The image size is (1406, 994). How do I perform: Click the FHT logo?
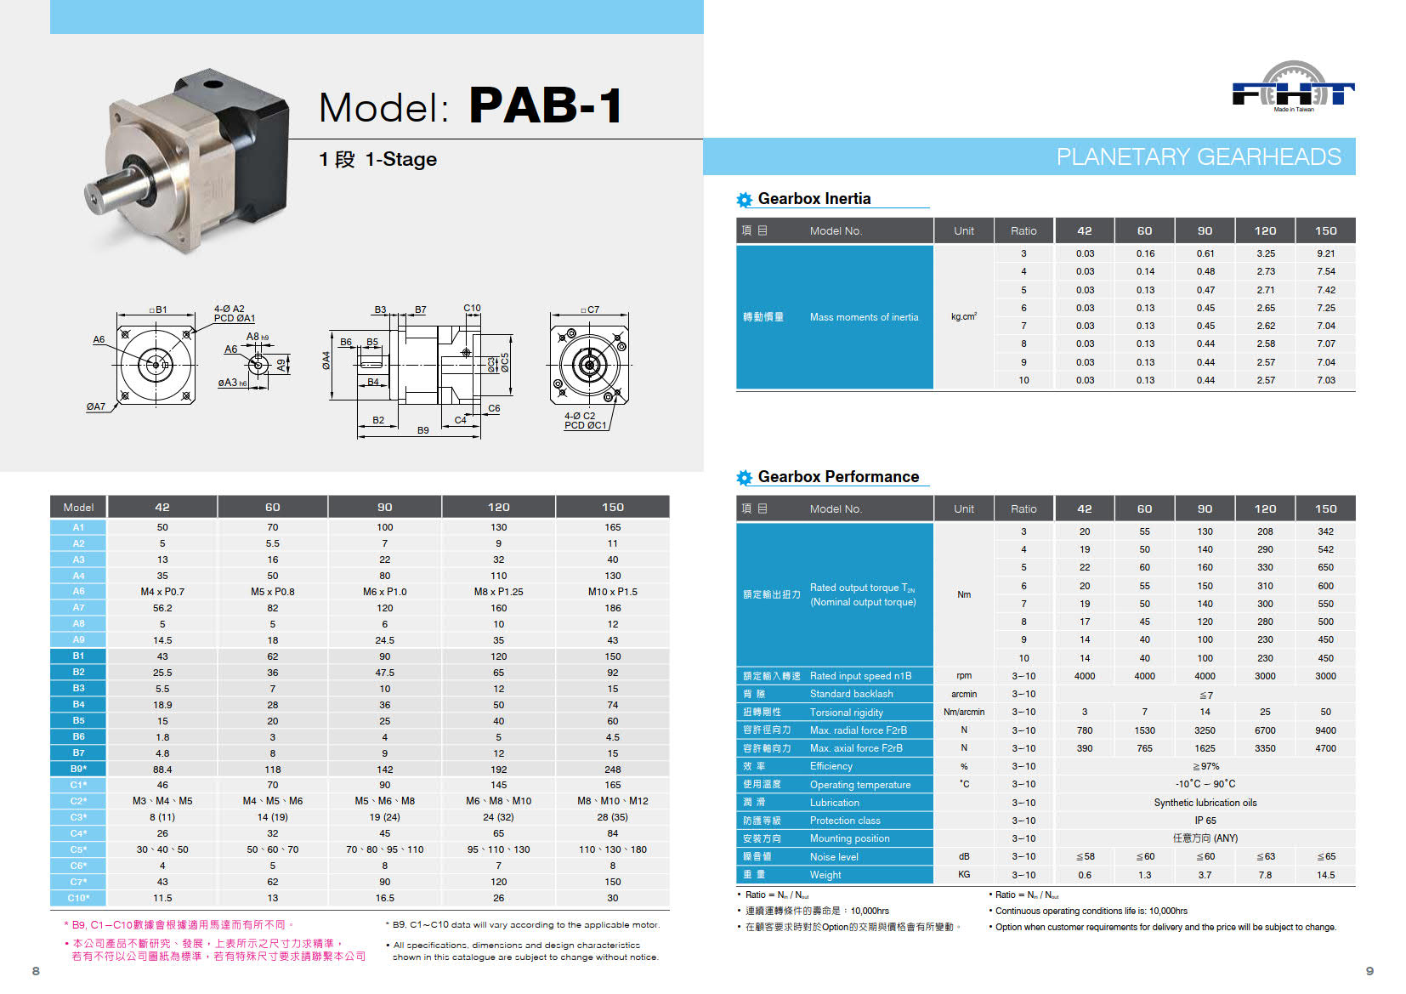1293,88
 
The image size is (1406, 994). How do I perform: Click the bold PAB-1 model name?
546,105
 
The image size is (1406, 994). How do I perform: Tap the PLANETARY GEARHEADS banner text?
1199,157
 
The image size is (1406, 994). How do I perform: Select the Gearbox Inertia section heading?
814,198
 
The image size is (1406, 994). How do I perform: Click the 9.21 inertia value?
1325,253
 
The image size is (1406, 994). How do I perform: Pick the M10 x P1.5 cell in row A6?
613,592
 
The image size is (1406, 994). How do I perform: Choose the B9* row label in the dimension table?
78,769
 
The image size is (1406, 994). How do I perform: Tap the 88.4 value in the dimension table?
162,770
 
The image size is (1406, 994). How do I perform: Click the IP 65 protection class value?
1205,821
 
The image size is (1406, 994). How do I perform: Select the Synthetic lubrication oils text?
1205,803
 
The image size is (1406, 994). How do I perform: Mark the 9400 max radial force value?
1325,730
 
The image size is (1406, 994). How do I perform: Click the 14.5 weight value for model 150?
1325,875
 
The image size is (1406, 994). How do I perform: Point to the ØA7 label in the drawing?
96,406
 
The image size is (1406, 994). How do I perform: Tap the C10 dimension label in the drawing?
472,308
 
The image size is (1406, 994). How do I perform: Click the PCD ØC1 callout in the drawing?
586,425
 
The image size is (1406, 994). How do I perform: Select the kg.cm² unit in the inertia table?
963,316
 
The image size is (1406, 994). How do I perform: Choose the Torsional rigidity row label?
846,712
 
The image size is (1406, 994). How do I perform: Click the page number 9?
1369,971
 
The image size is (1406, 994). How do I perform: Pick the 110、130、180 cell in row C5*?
613,849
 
